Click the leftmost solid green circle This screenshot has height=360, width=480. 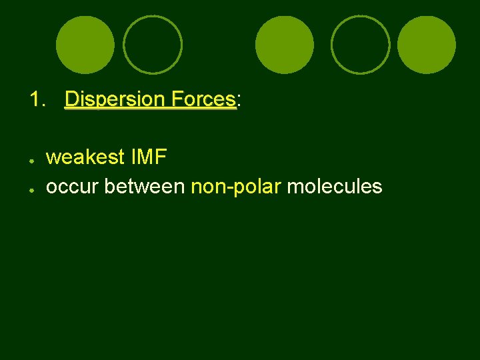[85, 45]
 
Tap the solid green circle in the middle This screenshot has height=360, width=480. [285, 45]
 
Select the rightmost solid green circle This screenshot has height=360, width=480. [426, 45]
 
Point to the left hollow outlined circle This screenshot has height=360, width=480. [153, 45]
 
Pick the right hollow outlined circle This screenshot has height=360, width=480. [361, 45]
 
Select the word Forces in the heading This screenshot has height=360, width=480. [203, 100]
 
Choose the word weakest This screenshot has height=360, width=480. [85, 157]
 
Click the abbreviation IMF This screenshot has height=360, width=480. [149, 157]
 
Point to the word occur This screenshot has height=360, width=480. [72, 187]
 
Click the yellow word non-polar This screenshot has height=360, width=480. [235, 187]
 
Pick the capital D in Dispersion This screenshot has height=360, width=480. [71, 100]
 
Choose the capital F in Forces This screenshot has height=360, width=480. [175, 100]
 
